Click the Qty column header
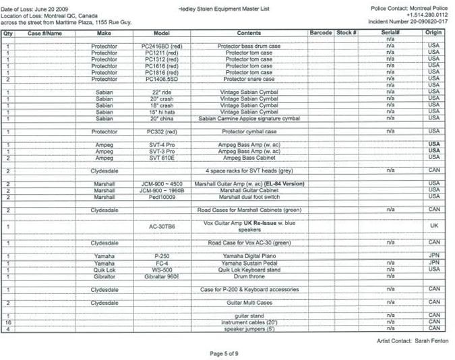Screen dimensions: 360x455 [x=7, y=32]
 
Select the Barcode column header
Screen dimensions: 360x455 [x=321, y=32]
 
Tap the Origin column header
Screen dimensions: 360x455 [x=434, y=32]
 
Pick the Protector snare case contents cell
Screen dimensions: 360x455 [x=249, y=79]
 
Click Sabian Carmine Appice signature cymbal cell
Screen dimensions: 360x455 [x=249, y=118]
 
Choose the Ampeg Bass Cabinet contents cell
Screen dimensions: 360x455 [x=249, y=157]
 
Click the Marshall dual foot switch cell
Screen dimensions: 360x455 [x=249, y=197]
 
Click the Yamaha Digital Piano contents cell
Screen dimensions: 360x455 [x=249, y=256]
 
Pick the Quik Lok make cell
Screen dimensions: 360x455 [x=104, y=269]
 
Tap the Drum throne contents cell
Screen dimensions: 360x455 [x=249, y=276]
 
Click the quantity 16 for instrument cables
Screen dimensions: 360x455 [x=7, y=323]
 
